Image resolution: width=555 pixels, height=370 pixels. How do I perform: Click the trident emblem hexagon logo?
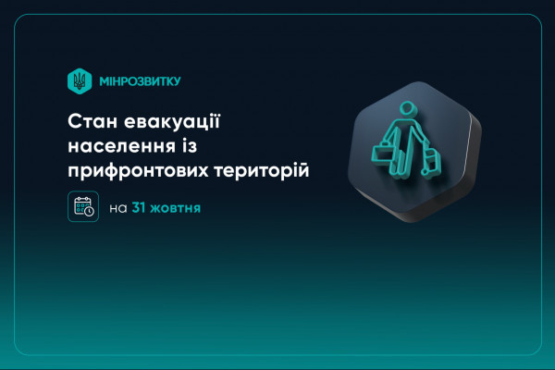80,80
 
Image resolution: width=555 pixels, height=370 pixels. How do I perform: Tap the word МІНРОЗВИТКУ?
139,81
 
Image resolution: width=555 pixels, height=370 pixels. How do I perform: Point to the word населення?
112,146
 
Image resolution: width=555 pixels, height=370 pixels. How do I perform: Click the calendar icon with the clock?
82,206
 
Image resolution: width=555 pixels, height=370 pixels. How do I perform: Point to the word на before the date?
117,208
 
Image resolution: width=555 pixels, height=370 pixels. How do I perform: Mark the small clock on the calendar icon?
89,212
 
